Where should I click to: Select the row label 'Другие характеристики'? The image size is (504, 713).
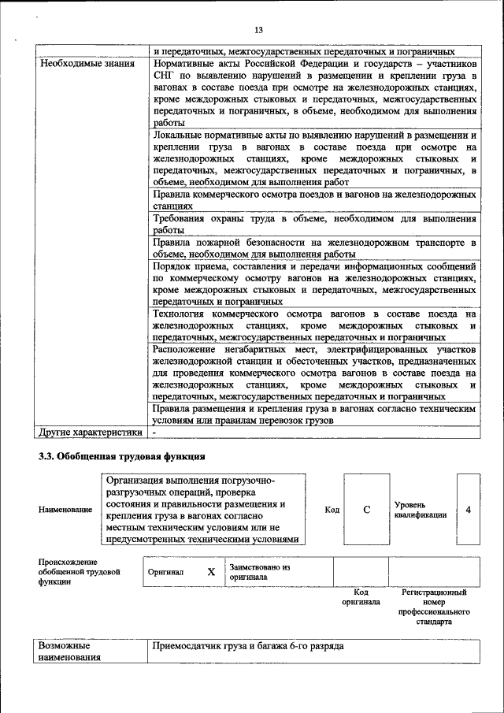91,432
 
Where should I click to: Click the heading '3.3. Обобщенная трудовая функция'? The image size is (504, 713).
122,456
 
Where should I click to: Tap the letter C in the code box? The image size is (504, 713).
367,510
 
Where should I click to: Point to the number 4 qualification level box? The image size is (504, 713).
469,510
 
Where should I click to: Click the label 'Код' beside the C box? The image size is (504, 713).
332,510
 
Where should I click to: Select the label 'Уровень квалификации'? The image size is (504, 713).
421,509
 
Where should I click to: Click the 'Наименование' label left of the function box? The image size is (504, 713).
65,510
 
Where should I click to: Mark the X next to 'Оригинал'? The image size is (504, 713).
211,572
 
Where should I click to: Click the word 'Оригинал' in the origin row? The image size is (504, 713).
166,573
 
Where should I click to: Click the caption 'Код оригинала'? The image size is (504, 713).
361,596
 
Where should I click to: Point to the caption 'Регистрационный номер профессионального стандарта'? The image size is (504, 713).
434,607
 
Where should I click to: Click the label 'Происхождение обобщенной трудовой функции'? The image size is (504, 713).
79,571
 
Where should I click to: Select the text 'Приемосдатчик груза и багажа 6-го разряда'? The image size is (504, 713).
248,646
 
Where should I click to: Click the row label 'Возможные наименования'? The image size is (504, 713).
69,652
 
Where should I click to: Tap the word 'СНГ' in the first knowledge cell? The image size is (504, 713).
164,76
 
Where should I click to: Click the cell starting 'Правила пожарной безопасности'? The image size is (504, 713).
314,248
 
